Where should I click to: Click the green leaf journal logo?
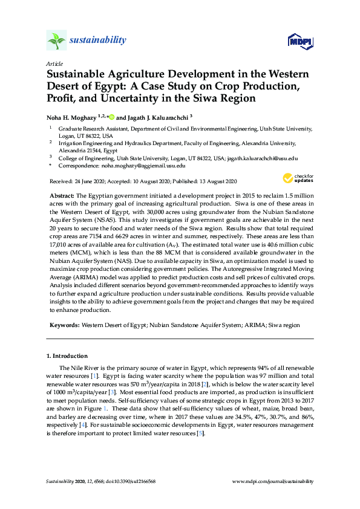pos(56,41)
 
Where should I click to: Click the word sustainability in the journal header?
pos(98,41)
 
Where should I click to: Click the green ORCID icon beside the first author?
pos(111,117)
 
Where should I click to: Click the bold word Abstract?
pos(61,197)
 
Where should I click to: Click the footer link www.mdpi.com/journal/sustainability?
pos(273,481)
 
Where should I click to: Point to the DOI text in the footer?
pos(131,481)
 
